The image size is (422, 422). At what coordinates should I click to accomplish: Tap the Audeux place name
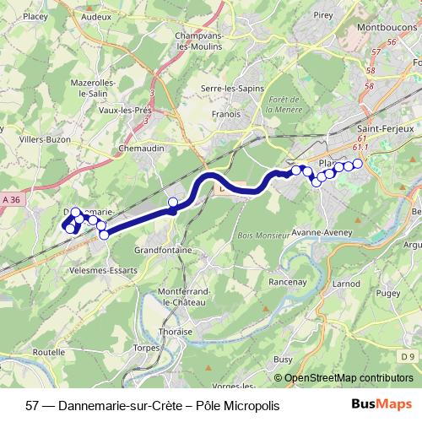pos(97,15)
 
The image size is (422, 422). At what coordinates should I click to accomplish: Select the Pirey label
pos(323,14)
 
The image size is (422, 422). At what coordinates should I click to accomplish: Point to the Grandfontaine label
pos(159,251)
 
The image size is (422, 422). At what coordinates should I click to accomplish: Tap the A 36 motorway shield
pos(10,198)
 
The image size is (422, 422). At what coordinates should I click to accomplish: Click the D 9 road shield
pos(408,356)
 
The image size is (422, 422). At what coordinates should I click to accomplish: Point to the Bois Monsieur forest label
pos(263,235)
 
